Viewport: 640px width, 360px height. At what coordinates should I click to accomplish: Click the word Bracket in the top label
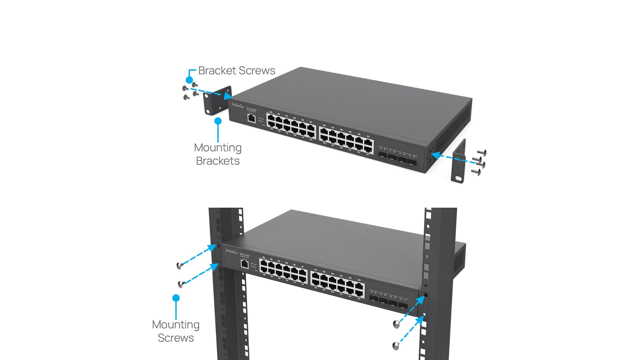point(217,71)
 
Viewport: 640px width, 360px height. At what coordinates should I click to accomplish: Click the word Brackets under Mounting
point(218,161)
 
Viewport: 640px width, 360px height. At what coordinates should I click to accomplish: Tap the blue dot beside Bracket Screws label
point(189,80)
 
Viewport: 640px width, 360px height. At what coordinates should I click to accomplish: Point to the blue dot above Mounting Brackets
point(218,121)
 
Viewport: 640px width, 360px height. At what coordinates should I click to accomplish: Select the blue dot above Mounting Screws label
point(176,298)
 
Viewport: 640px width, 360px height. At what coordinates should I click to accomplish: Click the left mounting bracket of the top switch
point(217,101)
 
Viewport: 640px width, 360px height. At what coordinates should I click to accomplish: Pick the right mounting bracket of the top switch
point(458,161)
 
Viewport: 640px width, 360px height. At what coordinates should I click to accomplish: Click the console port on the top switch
point(252,118)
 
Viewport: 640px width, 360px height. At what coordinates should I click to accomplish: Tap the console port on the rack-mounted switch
point(245,264)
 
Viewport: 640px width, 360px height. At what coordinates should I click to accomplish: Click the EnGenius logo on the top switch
point(238,105)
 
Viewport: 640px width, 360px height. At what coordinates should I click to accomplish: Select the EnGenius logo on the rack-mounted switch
point(231,251)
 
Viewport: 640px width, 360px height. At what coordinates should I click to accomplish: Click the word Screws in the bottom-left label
point(176,338)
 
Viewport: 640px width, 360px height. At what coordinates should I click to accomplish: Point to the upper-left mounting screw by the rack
point(179,266)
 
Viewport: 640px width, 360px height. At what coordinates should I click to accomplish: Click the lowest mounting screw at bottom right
point(396,346)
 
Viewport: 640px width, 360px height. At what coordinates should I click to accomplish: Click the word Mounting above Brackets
point(218,148)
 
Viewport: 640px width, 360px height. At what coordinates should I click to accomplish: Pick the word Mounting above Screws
point(176,325)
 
